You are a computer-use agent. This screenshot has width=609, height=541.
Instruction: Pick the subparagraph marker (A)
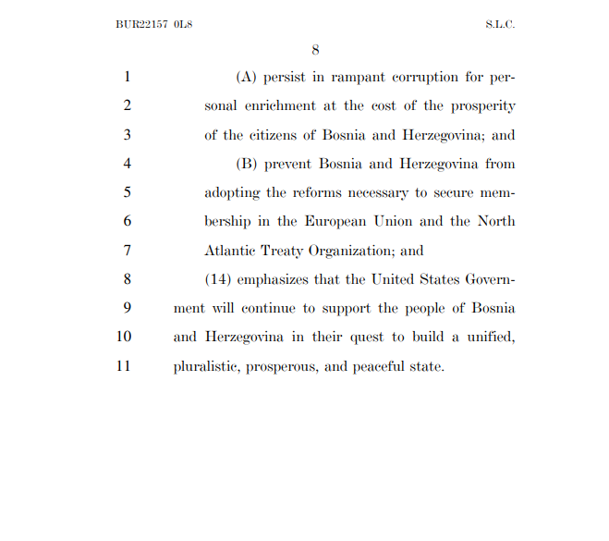click(x=248, y=79)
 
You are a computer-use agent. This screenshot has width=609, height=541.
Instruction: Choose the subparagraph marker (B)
click(x=248, y=164)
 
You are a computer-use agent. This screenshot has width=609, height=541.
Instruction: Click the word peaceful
click(x=379, y=365)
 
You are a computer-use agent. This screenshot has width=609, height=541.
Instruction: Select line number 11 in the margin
click(x=125, y=365)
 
